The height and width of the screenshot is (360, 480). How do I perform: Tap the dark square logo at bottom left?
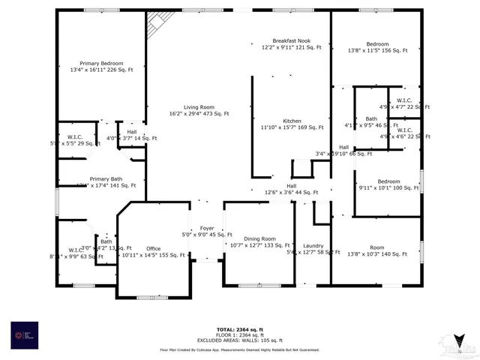coord(24,334)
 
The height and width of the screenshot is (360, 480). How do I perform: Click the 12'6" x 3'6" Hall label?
coord(292,189)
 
